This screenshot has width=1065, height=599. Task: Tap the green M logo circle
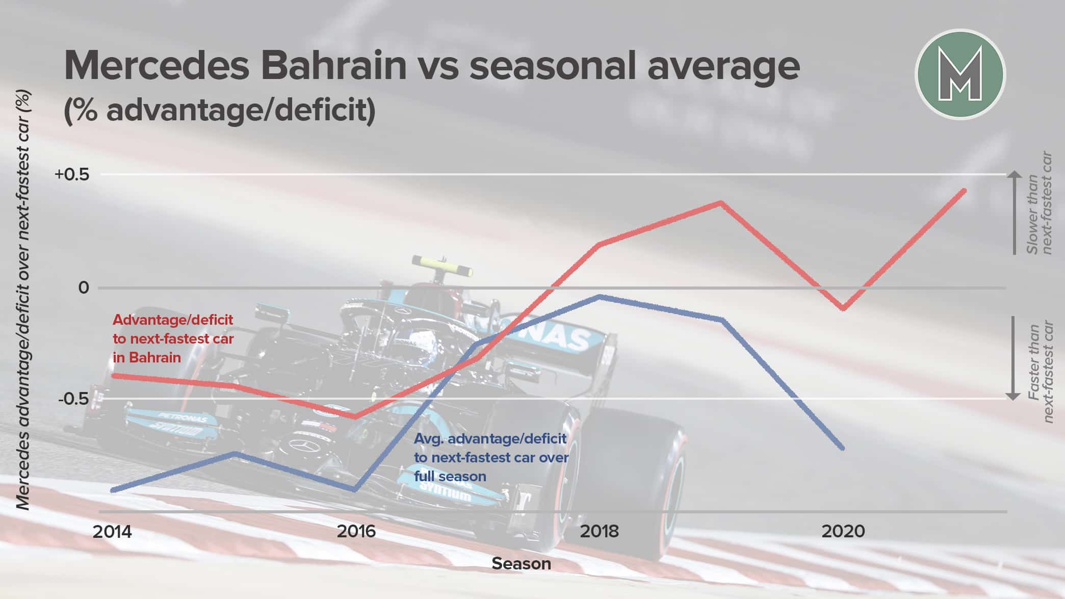click(960, 74)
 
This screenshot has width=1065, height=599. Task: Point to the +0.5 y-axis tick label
click(72, 174)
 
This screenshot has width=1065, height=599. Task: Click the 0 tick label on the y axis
click(83, 288)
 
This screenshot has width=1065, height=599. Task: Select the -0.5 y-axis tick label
click(73, 399)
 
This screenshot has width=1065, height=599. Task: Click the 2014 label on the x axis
click(112, 532)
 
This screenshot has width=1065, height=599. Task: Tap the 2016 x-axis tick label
click(356, 532)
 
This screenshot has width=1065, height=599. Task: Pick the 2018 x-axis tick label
click(600, 532)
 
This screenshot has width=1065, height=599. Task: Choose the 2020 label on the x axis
click(843, 532)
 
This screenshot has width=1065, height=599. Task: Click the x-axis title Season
click(521, 564)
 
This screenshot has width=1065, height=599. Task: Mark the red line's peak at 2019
click(720, 203)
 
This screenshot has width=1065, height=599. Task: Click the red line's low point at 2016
click(355, 416)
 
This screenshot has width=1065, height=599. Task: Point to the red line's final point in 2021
click(964, 191)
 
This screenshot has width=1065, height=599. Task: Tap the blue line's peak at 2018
click(600, 296)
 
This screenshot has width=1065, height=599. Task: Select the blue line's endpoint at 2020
click(842, 448)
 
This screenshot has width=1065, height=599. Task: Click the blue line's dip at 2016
click(354, 490)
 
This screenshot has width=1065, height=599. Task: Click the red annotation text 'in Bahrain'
click(147, 357)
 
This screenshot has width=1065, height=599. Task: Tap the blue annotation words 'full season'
click(450, 476)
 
